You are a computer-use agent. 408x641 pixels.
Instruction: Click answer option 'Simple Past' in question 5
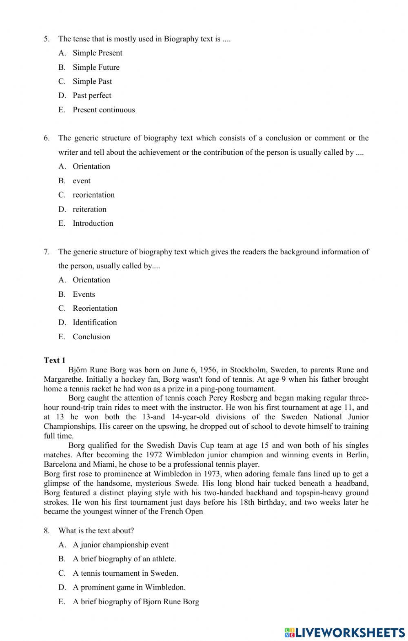tap(92, 81)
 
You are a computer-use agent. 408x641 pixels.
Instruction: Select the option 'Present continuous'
tap(104, 110)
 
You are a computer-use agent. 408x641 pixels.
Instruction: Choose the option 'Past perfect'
tap(92, 96)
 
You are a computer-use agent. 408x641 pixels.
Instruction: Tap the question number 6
tap(47, 138)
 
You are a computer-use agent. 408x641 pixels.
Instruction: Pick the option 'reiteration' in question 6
tap(89, 209)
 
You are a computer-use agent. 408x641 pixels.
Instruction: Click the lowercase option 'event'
tap(82, 181)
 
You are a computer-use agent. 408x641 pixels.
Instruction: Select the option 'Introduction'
tap(93, 223)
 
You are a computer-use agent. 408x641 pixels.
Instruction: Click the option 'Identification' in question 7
tap(95, 323)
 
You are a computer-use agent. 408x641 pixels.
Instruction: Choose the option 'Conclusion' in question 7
tap(91, 337)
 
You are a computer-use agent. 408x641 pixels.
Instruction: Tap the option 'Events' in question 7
tap(84, 294)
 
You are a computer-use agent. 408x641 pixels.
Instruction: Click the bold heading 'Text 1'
tap(55, 360)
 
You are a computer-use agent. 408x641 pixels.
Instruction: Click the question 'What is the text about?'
tap(96, 531)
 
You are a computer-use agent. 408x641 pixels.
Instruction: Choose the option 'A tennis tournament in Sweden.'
tap(125, 573)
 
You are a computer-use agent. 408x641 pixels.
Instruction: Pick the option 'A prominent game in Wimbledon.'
tap(129, 588)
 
